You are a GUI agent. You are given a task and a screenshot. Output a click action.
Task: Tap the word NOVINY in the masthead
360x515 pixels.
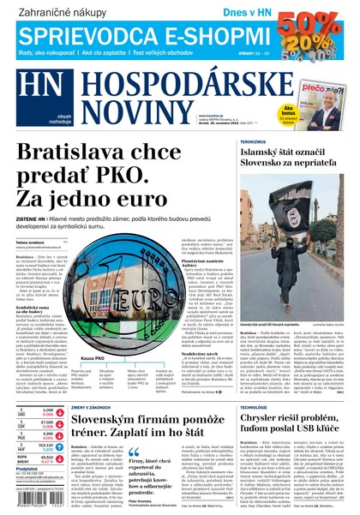point(128,113)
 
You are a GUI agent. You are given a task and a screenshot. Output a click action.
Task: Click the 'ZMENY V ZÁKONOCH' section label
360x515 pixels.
point(92,407)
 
